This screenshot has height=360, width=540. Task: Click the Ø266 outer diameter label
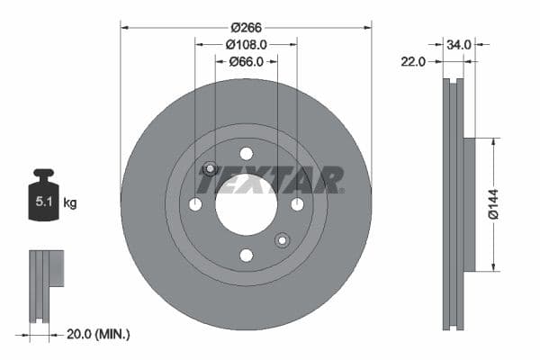pyautogui.click(x=246, y=27)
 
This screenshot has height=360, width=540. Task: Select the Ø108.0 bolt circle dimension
pyautogui.click(x=246, y=44)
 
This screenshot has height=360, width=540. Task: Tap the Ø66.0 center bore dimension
pyautogui.click(x=246, y=61)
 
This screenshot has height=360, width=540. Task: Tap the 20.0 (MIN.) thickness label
pyautogui.click(x=99, y=334)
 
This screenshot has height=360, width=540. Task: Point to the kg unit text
pyautogui.click(x=69, y=203)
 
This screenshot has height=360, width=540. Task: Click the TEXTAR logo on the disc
pyautogui.click(x=270, y=181)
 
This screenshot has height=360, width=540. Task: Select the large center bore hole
pyautogui.click(x=246, y=204)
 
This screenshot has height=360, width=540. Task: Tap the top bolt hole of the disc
pyautogui.click(x=246, y=154)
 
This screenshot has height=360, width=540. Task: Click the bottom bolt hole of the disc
pyautogui.click(x=246, y=256)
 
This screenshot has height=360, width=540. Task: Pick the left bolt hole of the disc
pyautogui.click(x=195, y=204)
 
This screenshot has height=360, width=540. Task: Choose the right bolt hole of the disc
pyautogui.click(x=297, y=204)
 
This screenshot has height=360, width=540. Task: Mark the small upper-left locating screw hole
pyautogui.click(x=210, y=168)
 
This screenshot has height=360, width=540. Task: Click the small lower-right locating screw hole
pyautogui.click(x=282, y=239)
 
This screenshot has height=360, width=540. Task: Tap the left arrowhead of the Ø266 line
pyautogui.click(x=124, y=27)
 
